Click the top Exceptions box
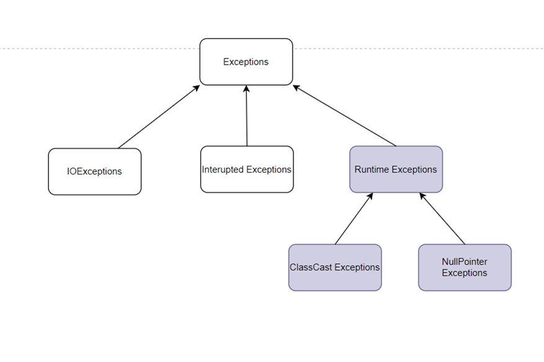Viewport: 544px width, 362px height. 246,61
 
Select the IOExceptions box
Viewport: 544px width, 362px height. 94,171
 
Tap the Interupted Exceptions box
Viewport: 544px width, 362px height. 246,169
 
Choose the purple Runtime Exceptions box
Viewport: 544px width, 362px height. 396,169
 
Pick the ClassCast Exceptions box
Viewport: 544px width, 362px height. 335,267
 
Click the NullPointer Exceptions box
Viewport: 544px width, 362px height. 465,267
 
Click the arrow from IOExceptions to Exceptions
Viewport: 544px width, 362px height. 158,117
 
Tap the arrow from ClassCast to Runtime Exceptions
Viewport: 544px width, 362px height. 354,219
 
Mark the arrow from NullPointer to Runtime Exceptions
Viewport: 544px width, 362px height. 442,219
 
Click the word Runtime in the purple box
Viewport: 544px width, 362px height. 372,170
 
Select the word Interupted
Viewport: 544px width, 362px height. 223,170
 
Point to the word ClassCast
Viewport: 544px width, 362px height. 311,268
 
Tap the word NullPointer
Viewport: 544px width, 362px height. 465,262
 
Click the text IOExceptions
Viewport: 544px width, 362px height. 94,171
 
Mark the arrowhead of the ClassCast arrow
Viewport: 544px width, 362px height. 370,196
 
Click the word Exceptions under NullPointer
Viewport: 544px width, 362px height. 465,273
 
